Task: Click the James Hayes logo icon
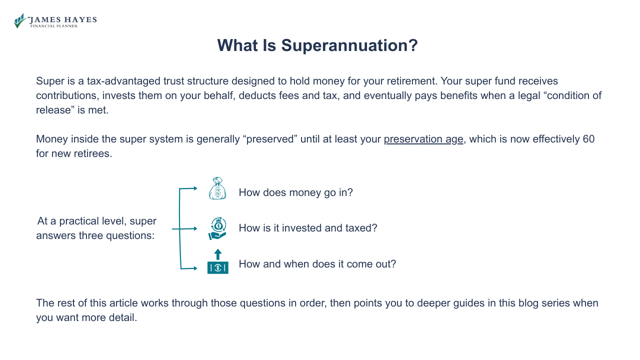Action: (20, 21)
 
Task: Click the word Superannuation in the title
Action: (349, 45)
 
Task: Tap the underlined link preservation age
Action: (423, 139)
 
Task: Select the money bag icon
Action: (217, 188)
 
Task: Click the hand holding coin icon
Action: (217, 228)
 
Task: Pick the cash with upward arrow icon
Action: (217, 262)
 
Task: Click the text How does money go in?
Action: (295, 192)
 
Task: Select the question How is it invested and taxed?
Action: (307, 228)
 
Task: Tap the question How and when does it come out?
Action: (317, 264)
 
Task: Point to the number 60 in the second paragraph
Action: (588, 139)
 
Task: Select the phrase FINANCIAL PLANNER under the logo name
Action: (53, 26)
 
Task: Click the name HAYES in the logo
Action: (79, 20)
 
